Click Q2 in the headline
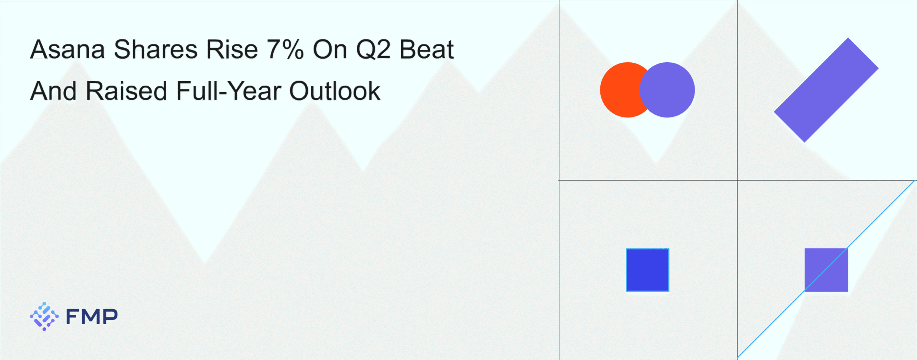tap(373, 49)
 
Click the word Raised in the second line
tap(126, 91)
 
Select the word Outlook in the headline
tap(335, 91)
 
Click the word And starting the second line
tap(53, 91)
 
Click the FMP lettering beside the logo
tap(92, 316)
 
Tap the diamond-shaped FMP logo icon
tap(44, 316)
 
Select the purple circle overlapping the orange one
tap(667, 90)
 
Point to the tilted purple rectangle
tap(826, 90)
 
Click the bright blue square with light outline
tap(647, 270)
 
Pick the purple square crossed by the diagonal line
tap(826, 270)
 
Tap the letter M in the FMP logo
tap(92, 316)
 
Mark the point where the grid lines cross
tap(737, 180)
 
